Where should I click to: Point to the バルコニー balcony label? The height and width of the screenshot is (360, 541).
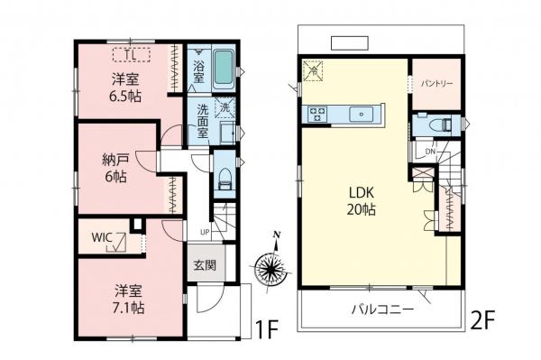pos(381,309)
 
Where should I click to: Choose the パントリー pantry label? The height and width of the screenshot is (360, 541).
pos(436,82)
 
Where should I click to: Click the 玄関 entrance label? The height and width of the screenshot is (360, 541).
pos(205,265)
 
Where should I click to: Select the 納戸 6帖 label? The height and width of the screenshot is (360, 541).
pos(114,168)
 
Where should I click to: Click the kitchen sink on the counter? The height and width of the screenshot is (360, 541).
pos(362,114)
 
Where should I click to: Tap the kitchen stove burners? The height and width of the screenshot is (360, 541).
pos(318,114)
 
